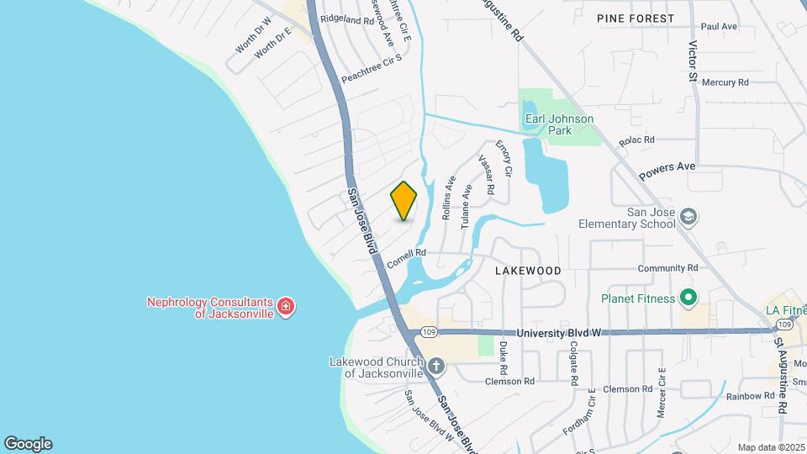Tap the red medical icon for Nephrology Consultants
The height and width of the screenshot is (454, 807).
(x=286, y=307)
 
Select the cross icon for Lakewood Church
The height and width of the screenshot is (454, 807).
(x=435, y=366)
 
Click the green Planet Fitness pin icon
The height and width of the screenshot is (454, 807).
(x=688, y=298)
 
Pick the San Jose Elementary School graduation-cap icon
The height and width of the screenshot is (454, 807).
(x=688, y=217)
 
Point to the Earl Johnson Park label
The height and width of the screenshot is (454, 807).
(x=559, y=124)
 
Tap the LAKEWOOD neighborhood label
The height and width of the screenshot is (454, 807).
(x=528, y=271)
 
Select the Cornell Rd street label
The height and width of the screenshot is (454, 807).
(x=408, y=257)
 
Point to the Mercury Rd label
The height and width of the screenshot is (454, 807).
(x=725, y=82)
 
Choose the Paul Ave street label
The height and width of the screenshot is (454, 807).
(x=718, y=27)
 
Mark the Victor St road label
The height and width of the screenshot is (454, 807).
(x=694, y=61)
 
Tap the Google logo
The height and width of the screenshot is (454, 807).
(x=28, y=443)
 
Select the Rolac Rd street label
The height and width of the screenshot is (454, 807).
(x=636, y=140)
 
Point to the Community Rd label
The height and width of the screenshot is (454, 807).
(x=668, y=268)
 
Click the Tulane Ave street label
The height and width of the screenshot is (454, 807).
(x=467, y=209)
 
